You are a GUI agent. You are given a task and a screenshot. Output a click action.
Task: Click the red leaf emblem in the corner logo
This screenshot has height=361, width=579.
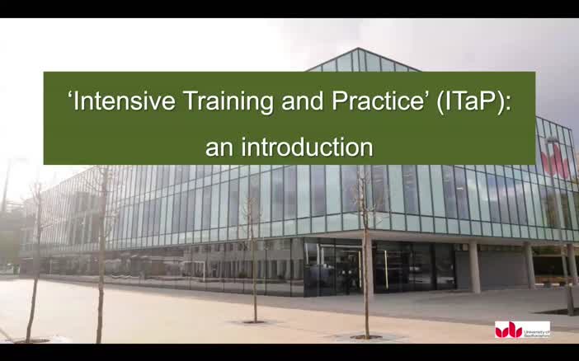509,330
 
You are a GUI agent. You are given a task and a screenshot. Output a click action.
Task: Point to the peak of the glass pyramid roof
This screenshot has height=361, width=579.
360,50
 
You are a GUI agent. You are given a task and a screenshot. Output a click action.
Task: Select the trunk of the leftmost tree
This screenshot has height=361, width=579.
34,272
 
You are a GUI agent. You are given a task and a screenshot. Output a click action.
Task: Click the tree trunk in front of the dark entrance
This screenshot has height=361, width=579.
366,272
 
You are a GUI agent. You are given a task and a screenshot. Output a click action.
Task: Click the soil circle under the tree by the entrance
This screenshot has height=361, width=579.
366,336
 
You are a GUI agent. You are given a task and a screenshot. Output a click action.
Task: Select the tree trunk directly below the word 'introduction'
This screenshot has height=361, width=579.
253,264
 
